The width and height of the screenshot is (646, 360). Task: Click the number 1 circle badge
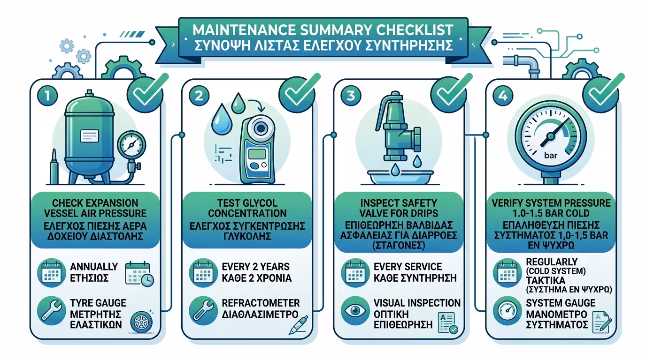point(47,96)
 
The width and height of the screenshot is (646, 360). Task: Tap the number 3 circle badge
point(351,96)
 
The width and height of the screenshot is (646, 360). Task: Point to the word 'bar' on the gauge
point(551,156)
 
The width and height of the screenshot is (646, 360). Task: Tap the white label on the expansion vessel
point(90,136)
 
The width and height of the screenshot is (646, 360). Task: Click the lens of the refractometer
point(261,128)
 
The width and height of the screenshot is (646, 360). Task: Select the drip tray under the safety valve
point(400,177)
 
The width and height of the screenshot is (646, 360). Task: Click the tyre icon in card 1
point(141,322)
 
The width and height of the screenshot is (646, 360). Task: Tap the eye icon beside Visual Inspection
point(355,311)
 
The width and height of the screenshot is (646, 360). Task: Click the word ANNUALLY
point(94,267)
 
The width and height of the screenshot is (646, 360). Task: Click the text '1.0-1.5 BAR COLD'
point(551,213)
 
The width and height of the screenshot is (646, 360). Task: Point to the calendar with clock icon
point(139,274)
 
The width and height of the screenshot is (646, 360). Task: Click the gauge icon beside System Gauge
point(508,311)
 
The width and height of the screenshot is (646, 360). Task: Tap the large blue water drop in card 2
point(222,119)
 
